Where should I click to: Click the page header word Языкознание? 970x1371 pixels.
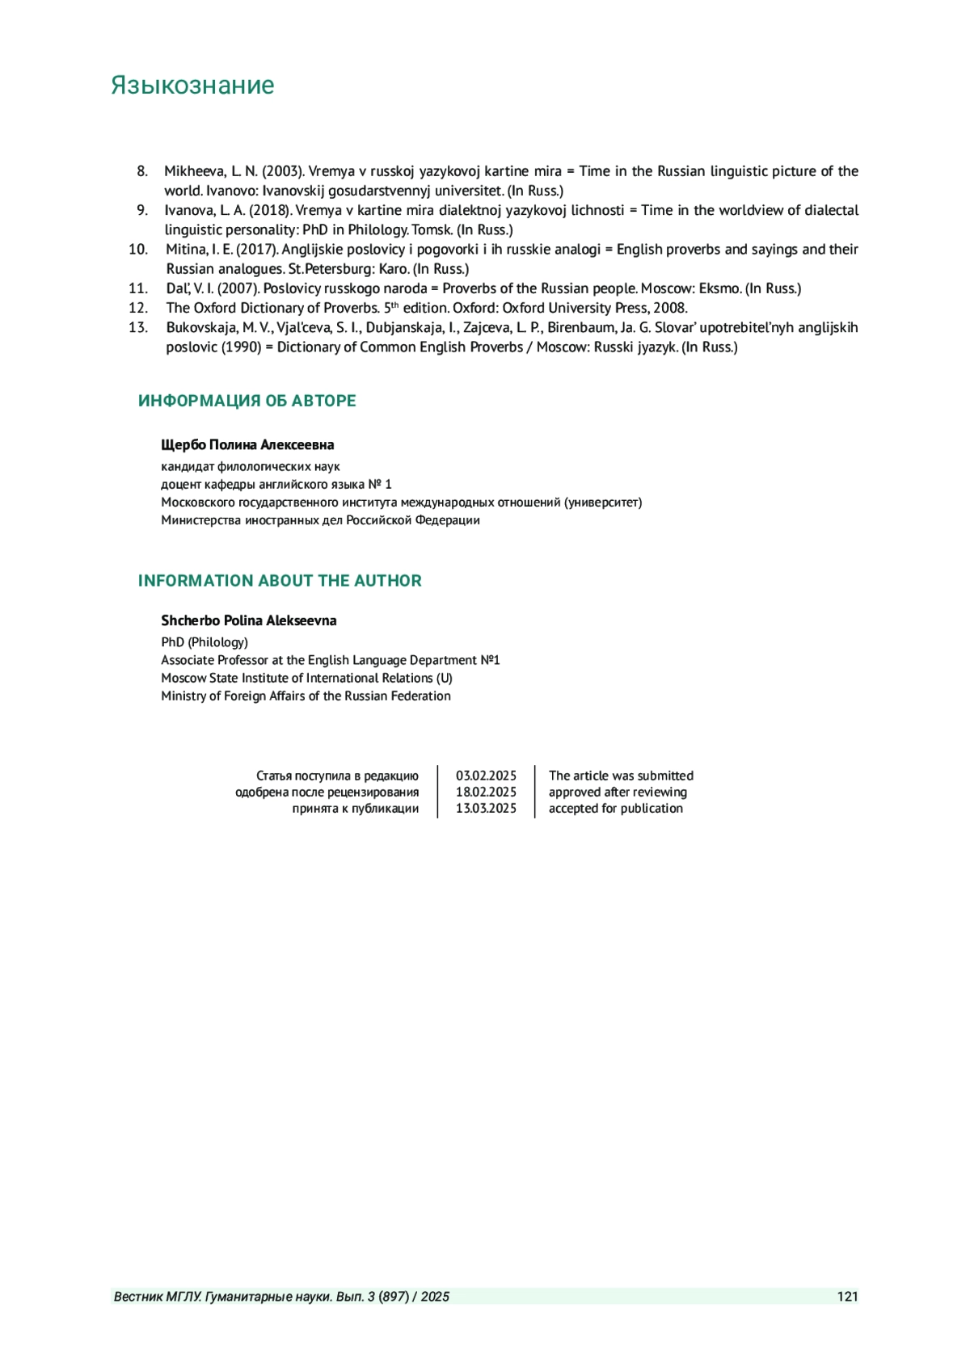tap(192, 86)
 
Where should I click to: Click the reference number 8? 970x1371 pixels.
tap(142, 171)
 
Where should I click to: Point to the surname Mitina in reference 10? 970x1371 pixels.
tap(187, 249)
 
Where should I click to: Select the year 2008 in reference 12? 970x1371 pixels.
tap(671, 308)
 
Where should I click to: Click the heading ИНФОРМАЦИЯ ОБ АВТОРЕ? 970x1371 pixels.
tap(247, 401)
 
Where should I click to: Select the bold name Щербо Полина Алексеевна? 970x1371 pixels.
tap(247, 445)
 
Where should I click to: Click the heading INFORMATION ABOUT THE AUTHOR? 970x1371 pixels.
tap(280, 581)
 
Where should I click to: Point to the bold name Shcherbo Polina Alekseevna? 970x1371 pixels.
tap(249, 620)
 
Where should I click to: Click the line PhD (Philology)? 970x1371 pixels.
tap(205, 642)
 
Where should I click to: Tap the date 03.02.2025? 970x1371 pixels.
tap(486, 776)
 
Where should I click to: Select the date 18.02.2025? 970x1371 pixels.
tap(486, 792)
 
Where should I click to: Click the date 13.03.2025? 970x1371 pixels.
tap(486, 808)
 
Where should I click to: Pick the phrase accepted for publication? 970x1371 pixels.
tap(616, 808)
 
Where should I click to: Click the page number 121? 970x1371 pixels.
tap(847, 1297)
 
